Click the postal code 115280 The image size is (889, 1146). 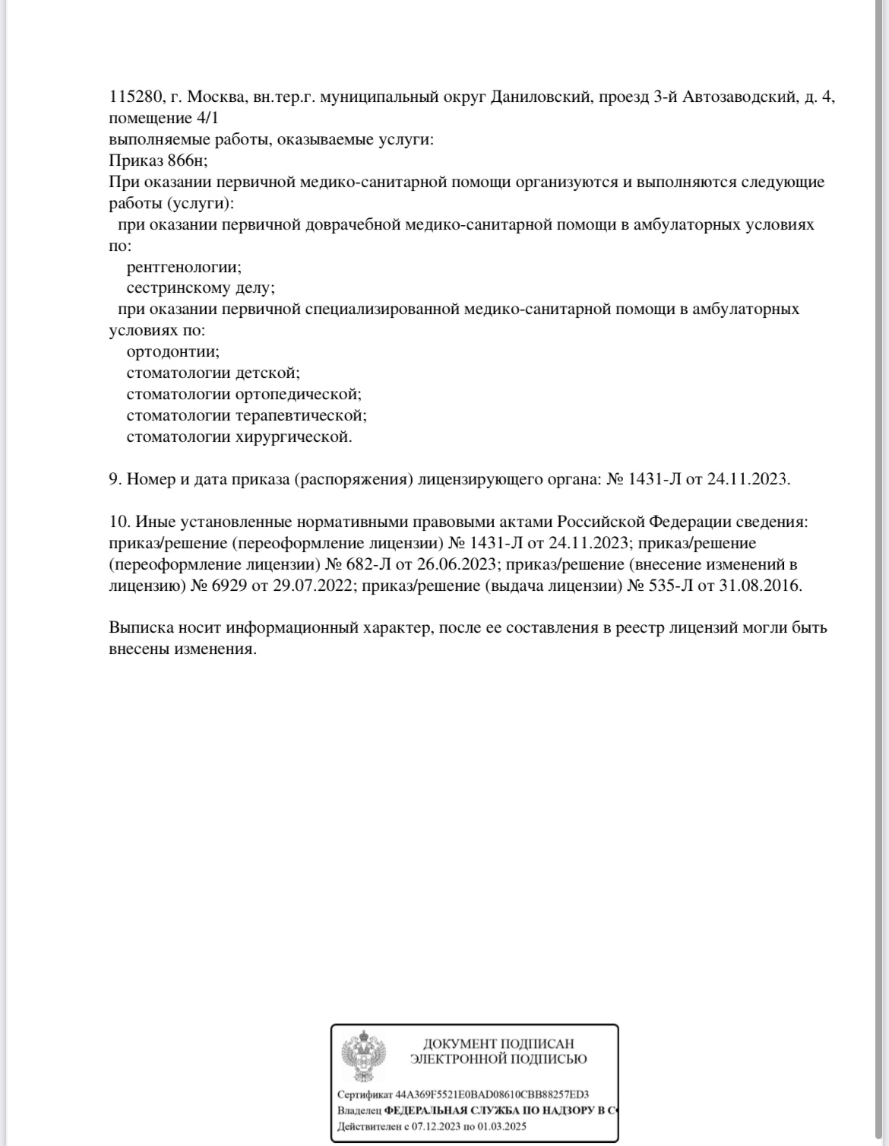coord(133,97)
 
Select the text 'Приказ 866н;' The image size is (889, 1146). coord(158,161)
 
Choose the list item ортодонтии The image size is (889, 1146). coord(173,352)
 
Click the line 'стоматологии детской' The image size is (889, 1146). coord(213,373)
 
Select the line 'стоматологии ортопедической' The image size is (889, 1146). coord(243,395)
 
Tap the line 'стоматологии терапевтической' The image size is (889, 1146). coord(246,416)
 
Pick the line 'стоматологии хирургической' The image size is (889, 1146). coord(239,437)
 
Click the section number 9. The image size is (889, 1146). coord(115,479)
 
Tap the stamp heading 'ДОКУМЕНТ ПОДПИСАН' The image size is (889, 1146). coord(498,1044)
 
